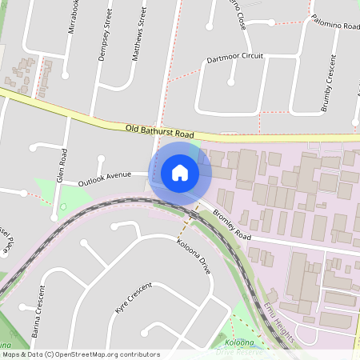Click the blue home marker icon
click(x=180, y=172)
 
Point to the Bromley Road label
click(x=232, y=226)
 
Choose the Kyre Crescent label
click(x=133, y=298)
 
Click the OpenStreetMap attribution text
click(x=81, y=354)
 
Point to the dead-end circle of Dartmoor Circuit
click(x=230, y=81)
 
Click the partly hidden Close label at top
click(x=237, y=16)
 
